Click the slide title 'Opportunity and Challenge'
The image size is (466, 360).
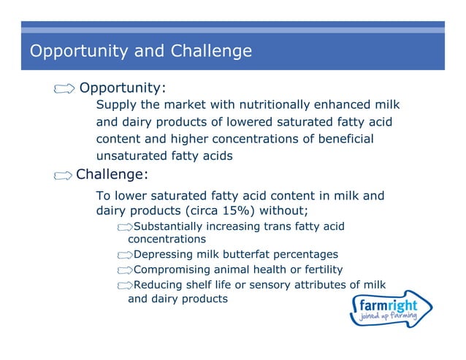[x=140, y=51]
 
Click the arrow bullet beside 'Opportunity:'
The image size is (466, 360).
[x=64, y=88]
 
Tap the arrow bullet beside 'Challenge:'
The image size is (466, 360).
[x=64, y=175]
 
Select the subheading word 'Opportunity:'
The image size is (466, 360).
[x=123, y=88]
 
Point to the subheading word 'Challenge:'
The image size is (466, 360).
[x=112, y=175]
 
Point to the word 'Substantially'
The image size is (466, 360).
[x=169, y=226]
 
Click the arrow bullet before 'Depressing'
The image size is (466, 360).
[x=125, y=255]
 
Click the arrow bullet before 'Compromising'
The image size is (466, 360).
[x=125, y=269]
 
